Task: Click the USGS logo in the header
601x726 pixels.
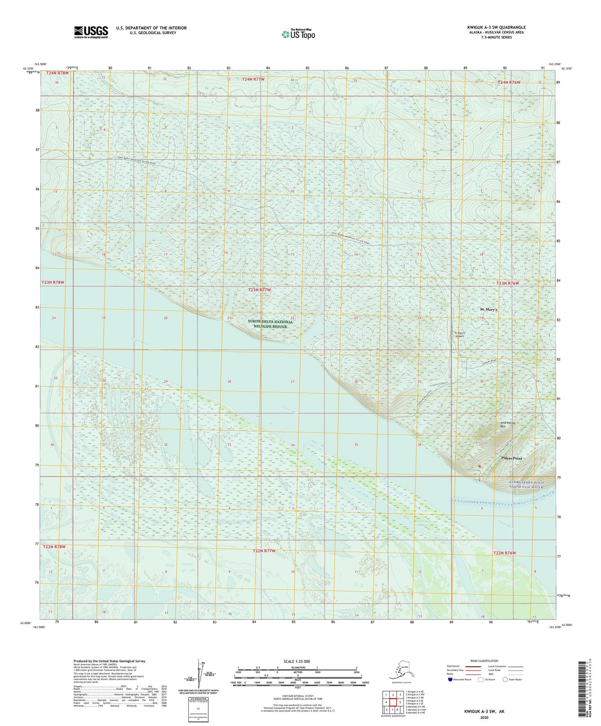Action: pos(91,32)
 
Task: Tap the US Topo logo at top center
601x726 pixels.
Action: pos(298,34)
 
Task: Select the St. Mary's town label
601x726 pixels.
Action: pos(488,310)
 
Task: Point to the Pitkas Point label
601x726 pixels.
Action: pos(511,458)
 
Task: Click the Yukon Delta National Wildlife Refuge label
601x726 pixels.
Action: pos(270,324)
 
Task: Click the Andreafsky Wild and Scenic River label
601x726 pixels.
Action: pos(526,485)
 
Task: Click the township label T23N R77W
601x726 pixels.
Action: pos(259,289)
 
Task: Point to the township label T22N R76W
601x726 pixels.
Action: pos(504,553)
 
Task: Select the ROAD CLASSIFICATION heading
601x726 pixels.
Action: pos(484,661)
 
